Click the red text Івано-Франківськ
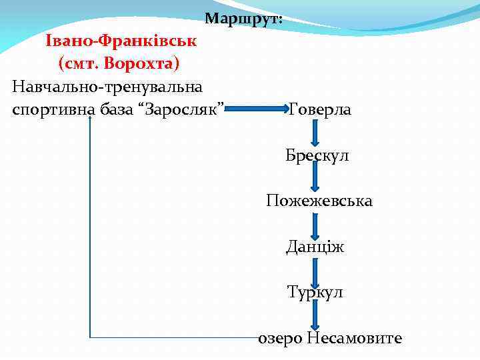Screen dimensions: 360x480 [x=121, y=41]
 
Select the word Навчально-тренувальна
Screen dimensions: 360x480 [x=108, y=86]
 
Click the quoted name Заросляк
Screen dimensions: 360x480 [x=190, y=108]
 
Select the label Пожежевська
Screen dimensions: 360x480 [x=319, y=201]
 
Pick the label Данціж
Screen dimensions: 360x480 [x=315, y=247]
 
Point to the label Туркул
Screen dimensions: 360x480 [x=315, y=292]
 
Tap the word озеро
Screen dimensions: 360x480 [x=281, y=339]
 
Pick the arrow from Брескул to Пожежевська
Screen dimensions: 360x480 [x=315, y=178]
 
